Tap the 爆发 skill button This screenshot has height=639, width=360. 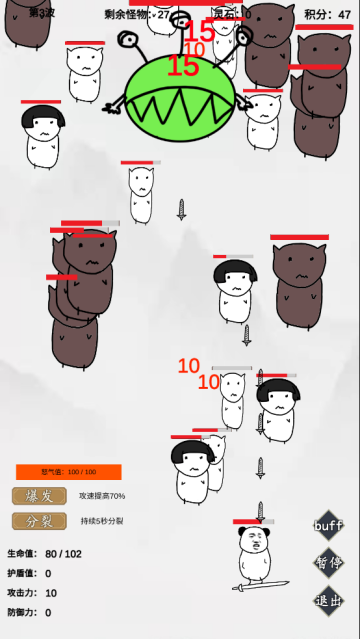[x=39, y=496]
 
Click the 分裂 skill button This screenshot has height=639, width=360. [x=39, y=521]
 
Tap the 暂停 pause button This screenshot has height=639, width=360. [x=328, y=562]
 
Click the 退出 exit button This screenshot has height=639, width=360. [x=328, y=600]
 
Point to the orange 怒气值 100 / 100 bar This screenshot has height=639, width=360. [x=68, y=472]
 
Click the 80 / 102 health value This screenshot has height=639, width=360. [x=63, y=554]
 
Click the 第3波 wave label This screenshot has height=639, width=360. [x=41, y=13]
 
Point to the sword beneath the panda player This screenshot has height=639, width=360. [x=253, y=584]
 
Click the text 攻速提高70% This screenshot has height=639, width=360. [x=102, y=496]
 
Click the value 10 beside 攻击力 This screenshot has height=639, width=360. [x=50, y=593]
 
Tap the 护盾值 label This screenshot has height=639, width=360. [x=21, y=574]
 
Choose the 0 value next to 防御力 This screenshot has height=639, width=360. [x=48, y=613]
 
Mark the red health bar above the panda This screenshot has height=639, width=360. [x=252, y=522]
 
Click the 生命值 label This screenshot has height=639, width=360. [x=21, y=554]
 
